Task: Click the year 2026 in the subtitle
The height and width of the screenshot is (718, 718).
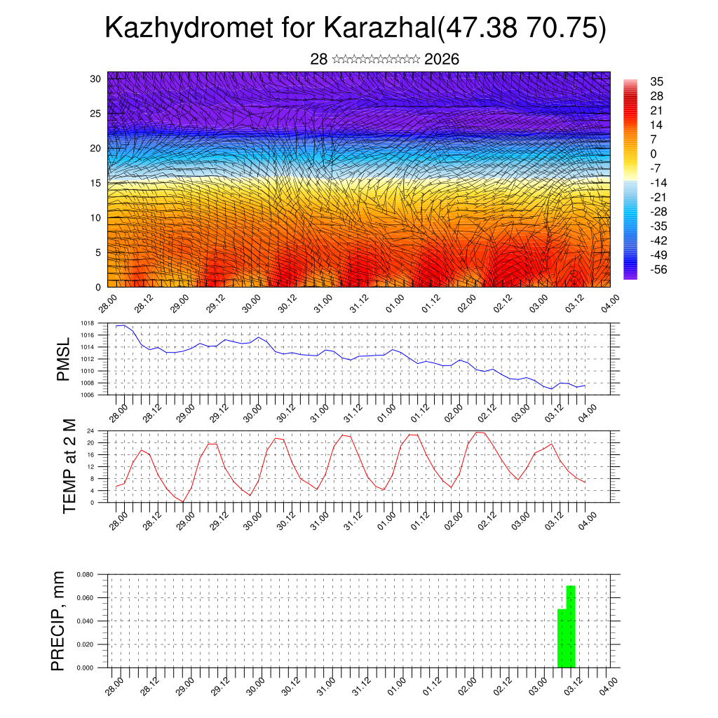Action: click(x=442, y=60)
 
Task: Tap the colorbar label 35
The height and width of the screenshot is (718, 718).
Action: click(x=657, y=81)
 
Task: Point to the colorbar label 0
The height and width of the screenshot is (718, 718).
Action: click(x=653, y=154)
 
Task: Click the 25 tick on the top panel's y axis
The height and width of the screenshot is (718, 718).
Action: click(x=95, y=113)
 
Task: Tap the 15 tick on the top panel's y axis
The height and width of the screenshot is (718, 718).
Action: click(x=95, y=182)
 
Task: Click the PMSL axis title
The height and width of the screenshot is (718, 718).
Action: click(x=64, y=358)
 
